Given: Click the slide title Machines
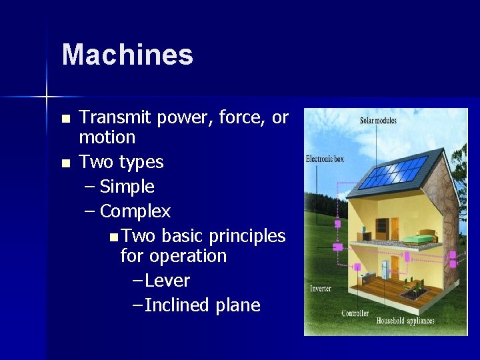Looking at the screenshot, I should click(127, 55).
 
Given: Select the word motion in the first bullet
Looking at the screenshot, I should click(107, 137).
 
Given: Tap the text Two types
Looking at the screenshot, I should click(121, 162).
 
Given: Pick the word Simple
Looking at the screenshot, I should click(127, 187).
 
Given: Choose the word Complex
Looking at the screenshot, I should click(135, 211).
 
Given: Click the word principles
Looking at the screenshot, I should click(247, 236).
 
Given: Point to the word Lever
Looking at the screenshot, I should click(167, 281).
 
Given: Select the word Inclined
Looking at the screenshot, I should click(177, 305).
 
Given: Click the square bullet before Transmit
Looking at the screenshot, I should click(65, 119).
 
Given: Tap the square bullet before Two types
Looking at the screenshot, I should click(65, 163).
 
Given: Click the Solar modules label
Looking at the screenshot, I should click(378, 121).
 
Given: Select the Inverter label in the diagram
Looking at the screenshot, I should click(320, 289).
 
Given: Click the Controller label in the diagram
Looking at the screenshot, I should click(355, 313).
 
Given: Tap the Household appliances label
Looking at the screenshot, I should click(405, 321).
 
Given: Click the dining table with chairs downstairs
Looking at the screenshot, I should click(413, 289).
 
